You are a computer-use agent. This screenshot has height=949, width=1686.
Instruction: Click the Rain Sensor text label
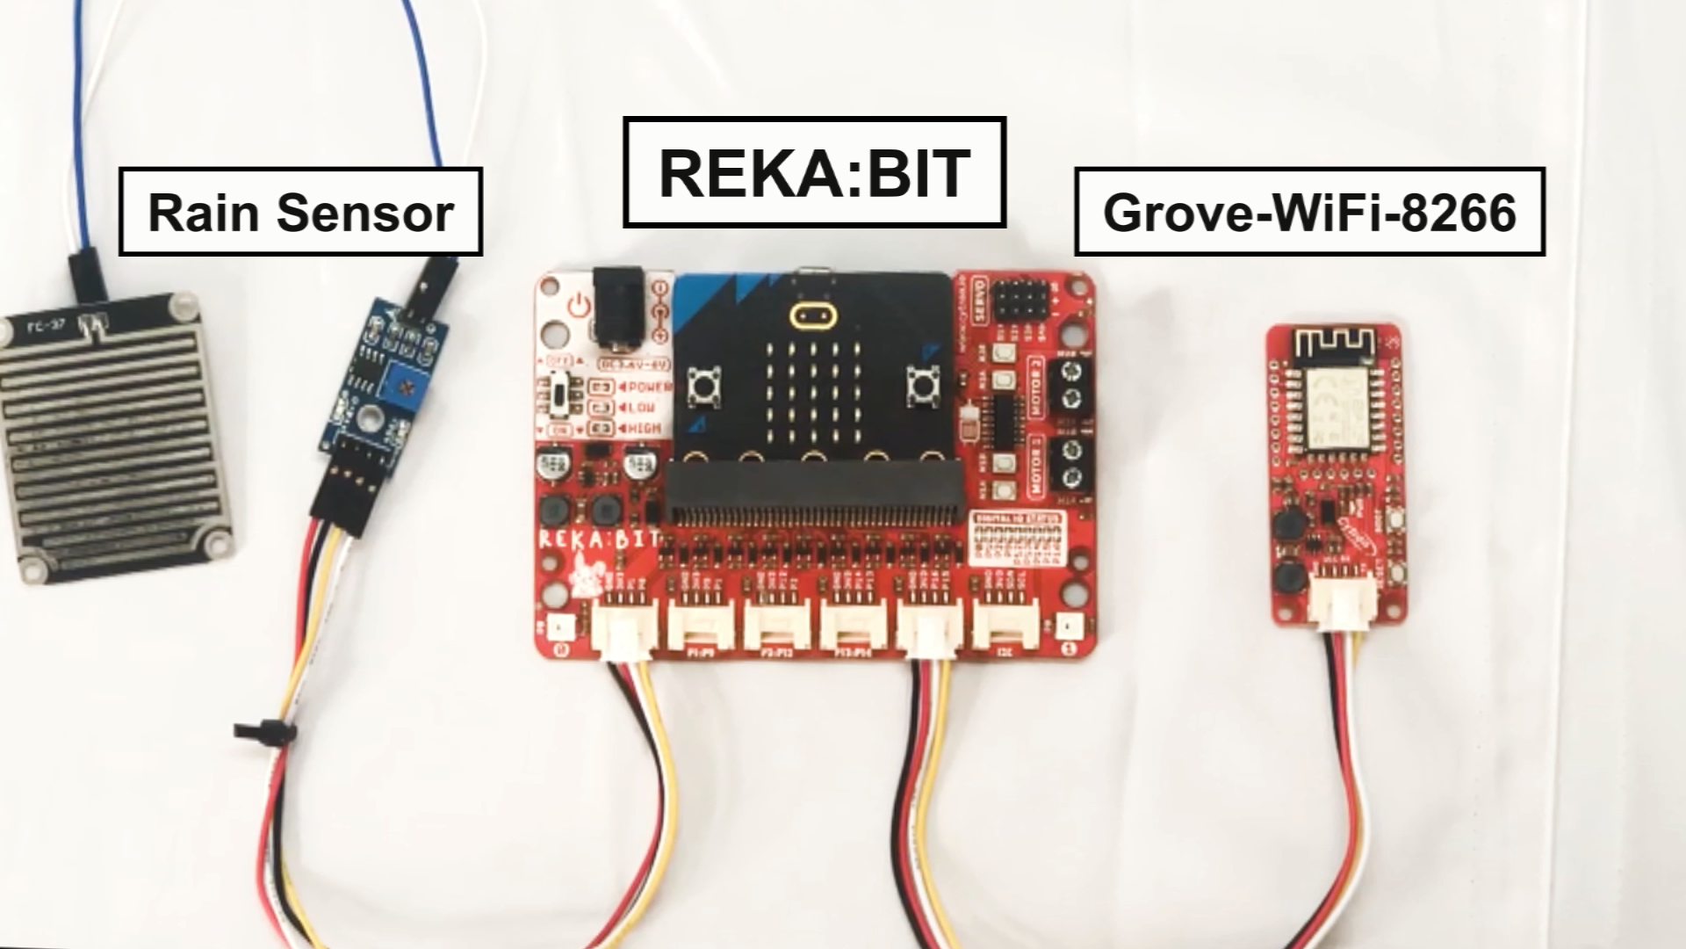[300, 213]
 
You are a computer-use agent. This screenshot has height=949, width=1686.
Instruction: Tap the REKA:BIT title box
[814, 172]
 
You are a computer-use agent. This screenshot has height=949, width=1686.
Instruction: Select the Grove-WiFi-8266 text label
[1309, 212]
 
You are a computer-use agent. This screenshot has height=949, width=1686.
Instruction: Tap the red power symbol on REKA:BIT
[577, 308]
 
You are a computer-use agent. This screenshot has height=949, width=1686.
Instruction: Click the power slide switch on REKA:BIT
[561, 396]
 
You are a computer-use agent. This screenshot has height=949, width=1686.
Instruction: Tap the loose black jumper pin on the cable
[263, 730]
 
